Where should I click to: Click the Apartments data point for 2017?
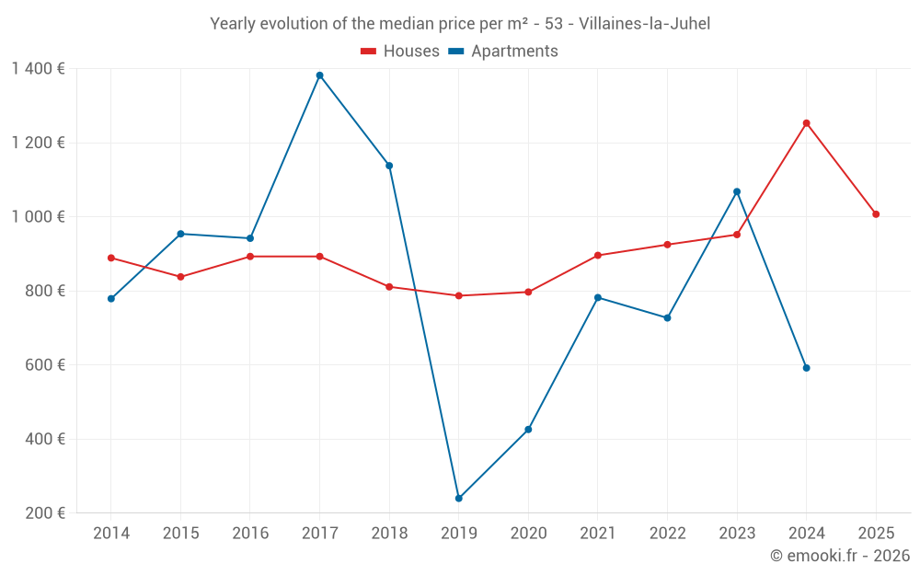coord(319,75)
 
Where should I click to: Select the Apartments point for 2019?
coord(458,499)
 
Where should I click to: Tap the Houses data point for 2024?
coord(806,123)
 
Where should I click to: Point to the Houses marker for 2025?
coord(876,214)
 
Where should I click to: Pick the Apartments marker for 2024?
coord(806,368)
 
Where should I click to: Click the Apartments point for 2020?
coord(528,430)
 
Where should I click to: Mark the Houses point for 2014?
coord(111,259)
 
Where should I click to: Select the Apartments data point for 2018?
coord(389,166)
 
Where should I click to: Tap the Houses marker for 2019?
coord(458,296)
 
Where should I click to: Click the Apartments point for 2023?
coord(737,191)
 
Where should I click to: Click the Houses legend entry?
coord(400,52)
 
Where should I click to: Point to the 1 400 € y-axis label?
coord(39,69)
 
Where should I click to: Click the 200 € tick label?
coord(45,513)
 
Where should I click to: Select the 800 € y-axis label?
coord(45,291)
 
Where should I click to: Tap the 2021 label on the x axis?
coord(598,534)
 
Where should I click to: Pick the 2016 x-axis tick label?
coord(250,534)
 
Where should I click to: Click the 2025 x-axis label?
coord(876,534)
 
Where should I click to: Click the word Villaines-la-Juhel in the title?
coord(645,24)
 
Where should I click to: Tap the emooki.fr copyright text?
coord(840,556)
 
